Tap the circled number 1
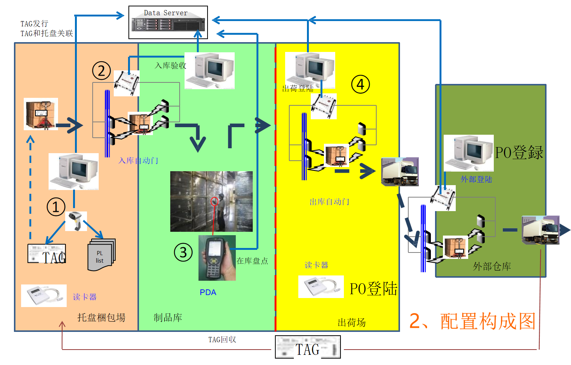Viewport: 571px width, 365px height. (x=56, y=207)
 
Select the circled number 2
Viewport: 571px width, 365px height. (x=101, y=71)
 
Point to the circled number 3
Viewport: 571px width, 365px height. (x=183, y=252)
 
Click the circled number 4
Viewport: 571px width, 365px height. (x=360, y=84)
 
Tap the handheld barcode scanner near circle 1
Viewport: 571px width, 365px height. (x=76, y=221)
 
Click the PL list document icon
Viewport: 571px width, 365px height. (x=101, y=255)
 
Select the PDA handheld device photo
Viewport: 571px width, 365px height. (x=217, y=258)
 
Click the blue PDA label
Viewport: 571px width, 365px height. (x=208, y=292)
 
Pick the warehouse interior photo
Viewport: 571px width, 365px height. (x=211, y=201)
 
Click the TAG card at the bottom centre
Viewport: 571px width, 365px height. (x=308, y=347)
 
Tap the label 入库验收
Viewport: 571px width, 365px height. (x=171, y=65)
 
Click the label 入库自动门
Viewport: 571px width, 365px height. (x=138, y=161)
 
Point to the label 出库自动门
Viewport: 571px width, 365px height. (x=329, y=202)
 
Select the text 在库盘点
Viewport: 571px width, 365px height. (x=252, y=261)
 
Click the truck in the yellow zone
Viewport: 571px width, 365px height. (x=400, y=172)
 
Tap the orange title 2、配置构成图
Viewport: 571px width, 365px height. (x=472, y=321)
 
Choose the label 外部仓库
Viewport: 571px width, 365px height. (x=492, y=266)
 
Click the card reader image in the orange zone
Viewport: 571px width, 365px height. (x=44, y=296)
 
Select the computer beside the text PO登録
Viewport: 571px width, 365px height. (x=469, y=153)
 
